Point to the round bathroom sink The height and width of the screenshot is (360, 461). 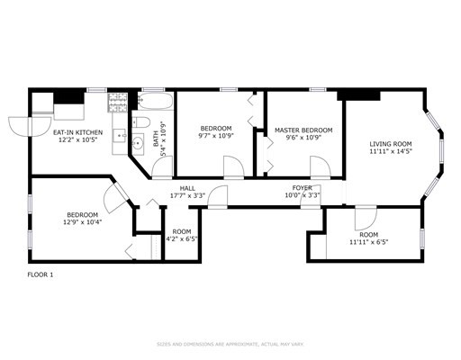point(138,142)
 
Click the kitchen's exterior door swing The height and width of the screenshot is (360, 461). point(17,125)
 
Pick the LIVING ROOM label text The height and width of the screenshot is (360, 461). point(391,144)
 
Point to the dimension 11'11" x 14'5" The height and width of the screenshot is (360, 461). point(391,152)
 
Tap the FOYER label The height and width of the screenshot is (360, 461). point(302,188)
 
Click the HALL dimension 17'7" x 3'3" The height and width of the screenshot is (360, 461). point(187,195)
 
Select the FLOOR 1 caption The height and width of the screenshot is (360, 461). point(41,274)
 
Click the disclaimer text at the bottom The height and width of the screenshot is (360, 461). point(230,344)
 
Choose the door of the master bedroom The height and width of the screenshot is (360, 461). point(318,166)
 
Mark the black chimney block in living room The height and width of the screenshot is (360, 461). point(359,94)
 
